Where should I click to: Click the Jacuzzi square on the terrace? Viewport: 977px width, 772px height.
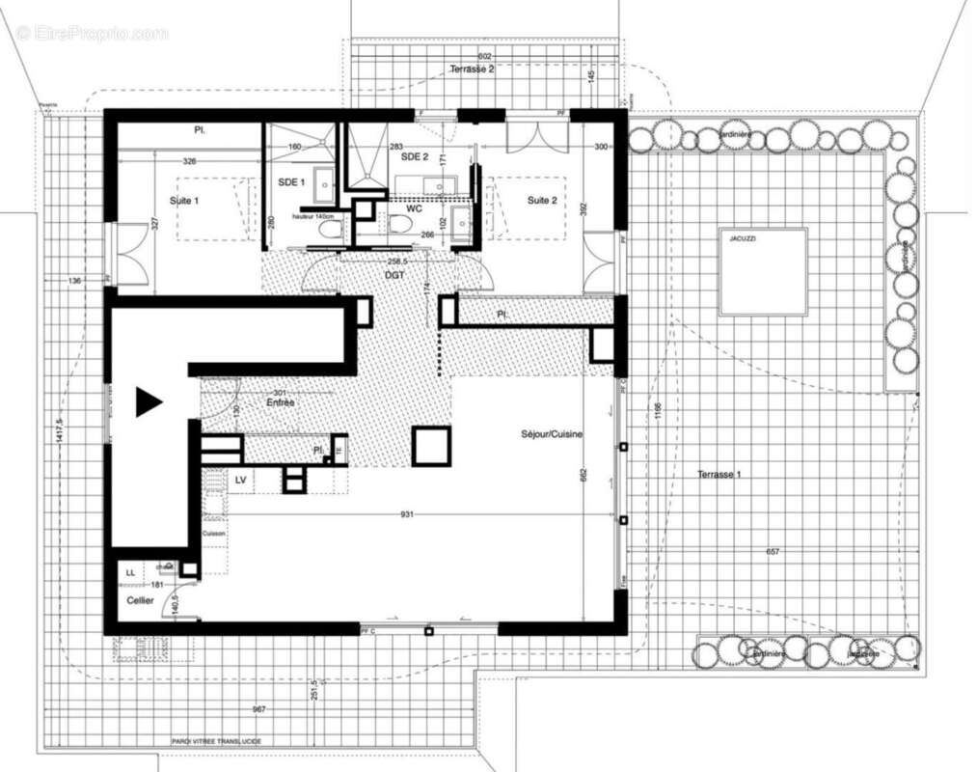click(x=762, y=271)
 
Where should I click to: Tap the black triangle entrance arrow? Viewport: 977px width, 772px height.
click(x=147, y=401)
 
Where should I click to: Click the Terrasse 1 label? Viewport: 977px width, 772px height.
click(x=719, y=475)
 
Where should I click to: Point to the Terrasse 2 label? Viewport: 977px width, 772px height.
click(x=473, y=69)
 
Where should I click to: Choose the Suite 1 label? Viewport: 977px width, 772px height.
click(x=183, y=201)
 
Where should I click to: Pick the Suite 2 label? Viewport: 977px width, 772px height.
click(x=542, y=201)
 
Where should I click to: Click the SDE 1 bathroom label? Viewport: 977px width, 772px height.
click(x=291, y=182)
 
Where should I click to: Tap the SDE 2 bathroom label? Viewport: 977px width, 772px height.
click(x=414, y=156)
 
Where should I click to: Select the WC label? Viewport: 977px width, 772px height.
click(x=415, y=207)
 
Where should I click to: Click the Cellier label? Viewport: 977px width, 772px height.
click(x=141, y=600)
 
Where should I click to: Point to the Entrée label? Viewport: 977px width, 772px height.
click(x=281, y=401)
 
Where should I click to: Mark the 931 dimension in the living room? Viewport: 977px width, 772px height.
click(x=407, y=515)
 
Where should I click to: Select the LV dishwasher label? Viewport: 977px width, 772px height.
click(x=242, y=478)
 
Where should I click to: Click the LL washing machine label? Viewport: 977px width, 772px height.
click(x=130, y=573)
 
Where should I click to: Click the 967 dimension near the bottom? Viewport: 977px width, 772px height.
click(x=258, y=709)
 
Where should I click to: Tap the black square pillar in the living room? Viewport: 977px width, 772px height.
click(x=431, y=446)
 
